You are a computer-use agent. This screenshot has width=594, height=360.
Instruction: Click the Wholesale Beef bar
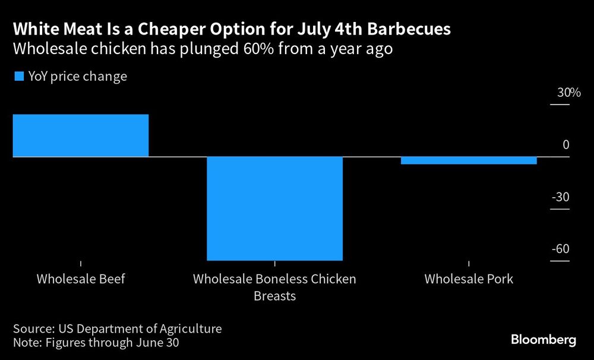[x=80, y=135]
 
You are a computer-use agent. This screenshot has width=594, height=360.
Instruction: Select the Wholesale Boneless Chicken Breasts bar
[x=274, y=208]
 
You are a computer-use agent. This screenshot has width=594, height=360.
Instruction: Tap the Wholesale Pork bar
[x=469, y=160]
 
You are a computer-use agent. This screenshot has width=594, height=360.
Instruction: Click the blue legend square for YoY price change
[x=18, y=76]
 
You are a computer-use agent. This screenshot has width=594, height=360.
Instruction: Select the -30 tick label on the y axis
[x=560, y=197]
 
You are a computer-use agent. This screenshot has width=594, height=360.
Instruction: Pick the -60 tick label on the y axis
[x=560, y=248]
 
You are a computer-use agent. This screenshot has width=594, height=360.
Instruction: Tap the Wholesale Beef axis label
[x=81, y=279]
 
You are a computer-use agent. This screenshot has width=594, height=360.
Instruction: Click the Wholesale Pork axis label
[x=469, y=279]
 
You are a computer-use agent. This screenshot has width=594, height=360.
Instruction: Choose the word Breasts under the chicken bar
[x=274, y=295]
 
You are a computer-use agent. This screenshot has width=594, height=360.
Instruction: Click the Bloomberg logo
[x=544, y=340]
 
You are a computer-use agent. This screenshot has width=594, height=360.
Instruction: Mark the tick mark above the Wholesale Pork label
[x=469, y=263]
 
